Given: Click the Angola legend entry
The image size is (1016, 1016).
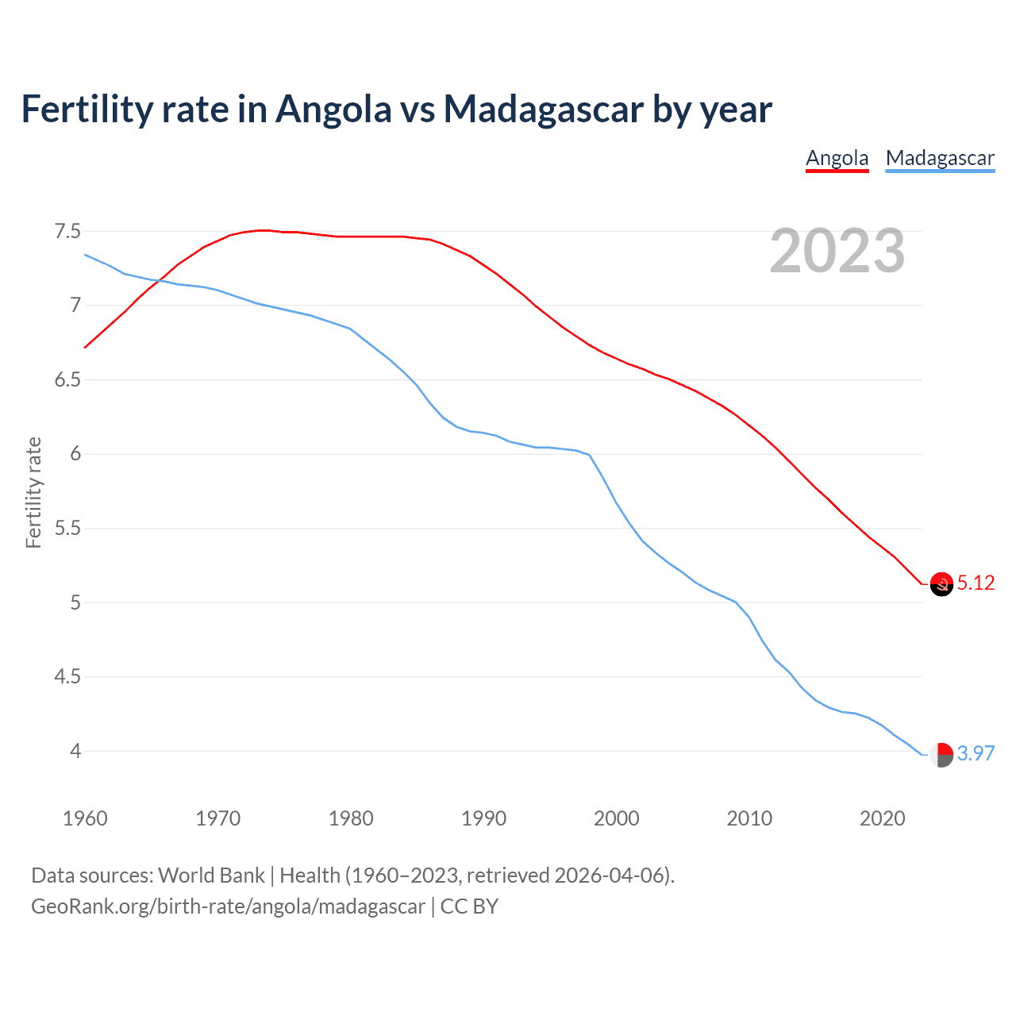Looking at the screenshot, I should coord(837,159).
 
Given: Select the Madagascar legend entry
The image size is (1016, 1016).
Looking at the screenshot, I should coord(940,159).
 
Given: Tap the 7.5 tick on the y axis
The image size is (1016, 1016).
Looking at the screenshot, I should coord(67,232).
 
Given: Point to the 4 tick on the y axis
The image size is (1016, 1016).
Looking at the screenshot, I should coord(75,751).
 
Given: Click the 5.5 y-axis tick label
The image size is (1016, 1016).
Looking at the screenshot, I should coord(67,529).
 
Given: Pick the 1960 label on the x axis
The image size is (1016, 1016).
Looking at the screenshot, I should coord(85,818).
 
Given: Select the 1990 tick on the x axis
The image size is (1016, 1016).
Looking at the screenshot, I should coord(483,818).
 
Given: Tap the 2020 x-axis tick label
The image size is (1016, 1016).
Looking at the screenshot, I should coord(882,818).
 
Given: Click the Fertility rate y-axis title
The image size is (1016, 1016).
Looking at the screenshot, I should coord(33,492).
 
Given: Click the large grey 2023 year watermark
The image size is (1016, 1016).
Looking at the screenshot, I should coord(837,252).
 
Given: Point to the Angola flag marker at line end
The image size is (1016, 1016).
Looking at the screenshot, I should coord(941,584).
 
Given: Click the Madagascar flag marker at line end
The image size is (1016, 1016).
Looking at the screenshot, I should coord(941,754).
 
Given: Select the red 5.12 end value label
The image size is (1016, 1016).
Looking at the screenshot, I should coord(976,583).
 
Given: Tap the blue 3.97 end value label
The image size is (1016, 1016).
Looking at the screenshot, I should coord(976,753).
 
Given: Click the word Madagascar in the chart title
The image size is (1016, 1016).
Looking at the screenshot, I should coord(543,110).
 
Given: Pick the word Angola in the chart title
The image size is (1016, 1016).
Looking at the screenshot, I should coord(333,110).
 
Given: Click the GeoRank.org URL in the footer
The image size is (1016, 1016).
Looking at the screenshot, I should coord(228,906).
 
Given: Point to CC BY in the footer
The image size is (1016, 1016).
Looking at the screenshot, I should coord(469,906).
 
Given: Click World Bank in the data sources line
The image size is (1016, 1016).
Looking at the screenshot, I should coord(211,876).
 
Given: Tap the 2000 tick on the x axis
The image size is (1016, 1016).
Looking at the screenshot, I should coord(616,818).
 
